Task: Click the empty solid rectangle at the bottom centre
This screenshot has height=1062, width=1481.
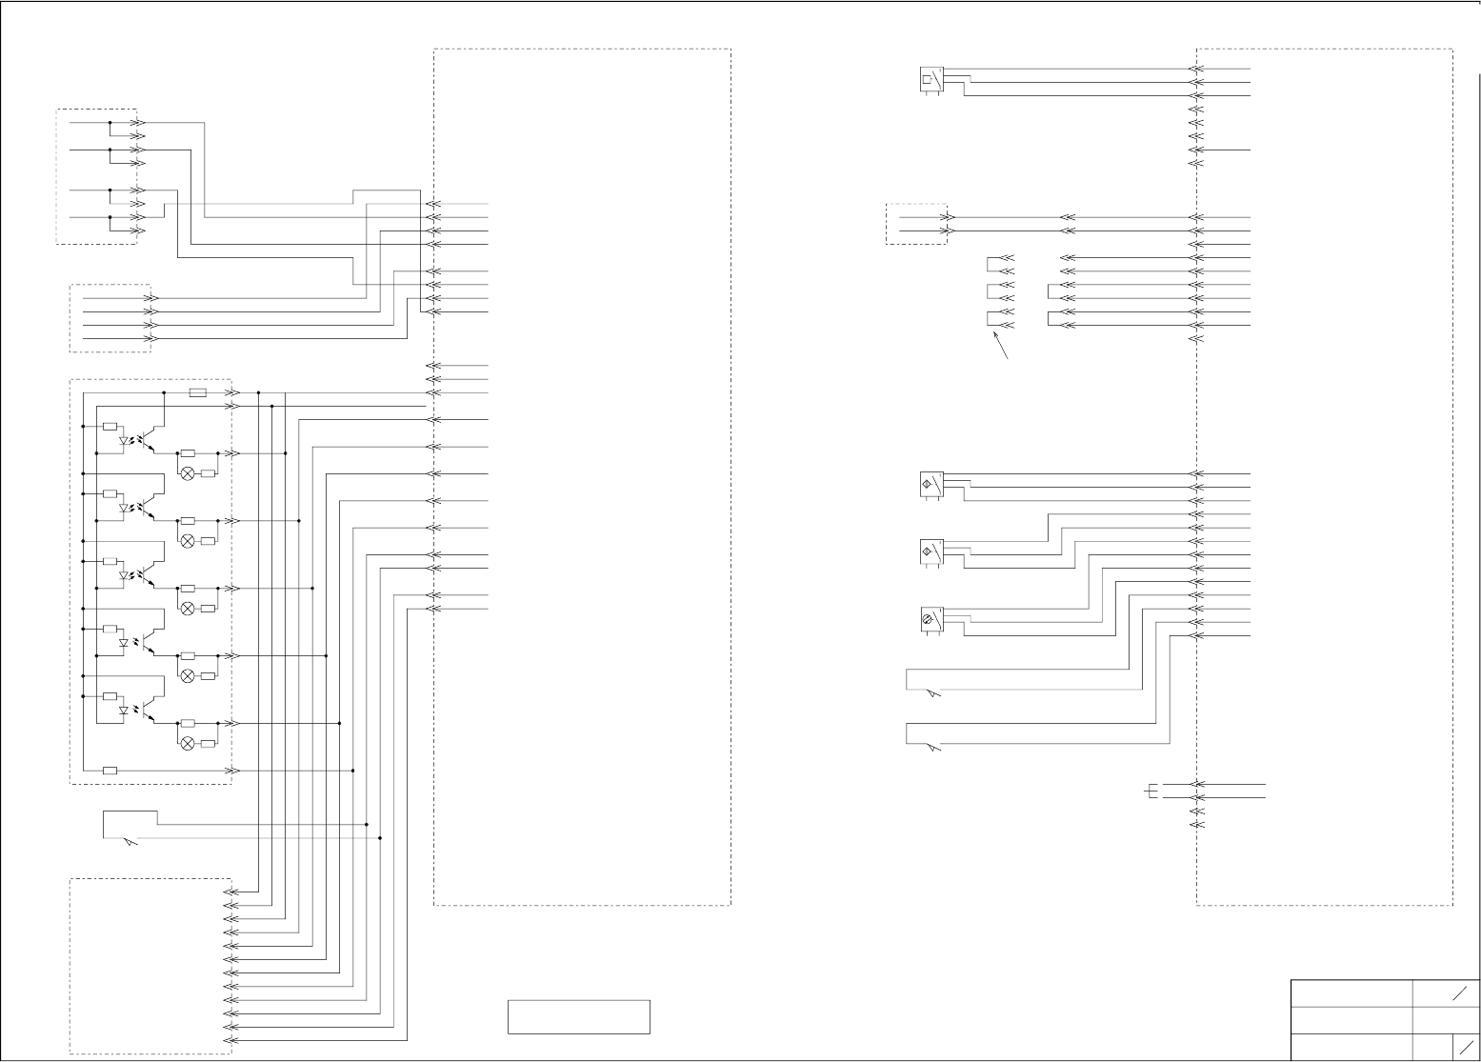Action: (578, 1016)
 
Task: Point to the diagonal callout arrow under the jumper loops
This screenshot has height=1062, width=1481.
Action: (1001, 345)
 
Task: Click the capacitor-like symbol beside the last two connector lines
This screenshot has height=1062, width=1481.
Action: (1152, 791)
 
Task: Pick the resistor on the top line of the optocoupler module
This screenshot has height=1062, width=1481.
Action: (198, 392)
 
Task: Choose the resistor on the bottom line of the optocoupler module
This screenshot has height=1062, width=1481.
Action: (110, 770)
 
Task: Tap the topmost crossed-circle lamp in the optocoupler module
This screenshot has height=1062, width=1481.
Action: (188, 473)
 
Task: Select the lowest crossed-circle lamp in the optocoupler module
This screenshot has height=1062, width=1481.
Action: (188, 743)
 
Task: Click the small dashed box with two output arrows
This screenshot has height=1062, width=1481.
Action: (916, 224)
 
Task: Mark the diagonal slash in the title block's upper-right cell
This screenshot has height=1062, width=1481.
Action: (1457, 994)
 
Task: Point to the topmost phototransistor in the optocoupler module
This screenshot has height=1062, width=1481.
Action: (145, 441)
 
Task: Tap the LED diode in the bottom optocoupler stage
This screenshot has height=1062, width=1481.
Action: (124, 711)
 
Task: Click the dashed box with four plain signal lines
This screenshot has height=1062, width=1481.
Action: (110, 318)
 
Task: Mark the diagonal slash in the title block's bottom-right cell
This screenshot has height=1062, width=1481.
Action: (1466, 1047)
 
